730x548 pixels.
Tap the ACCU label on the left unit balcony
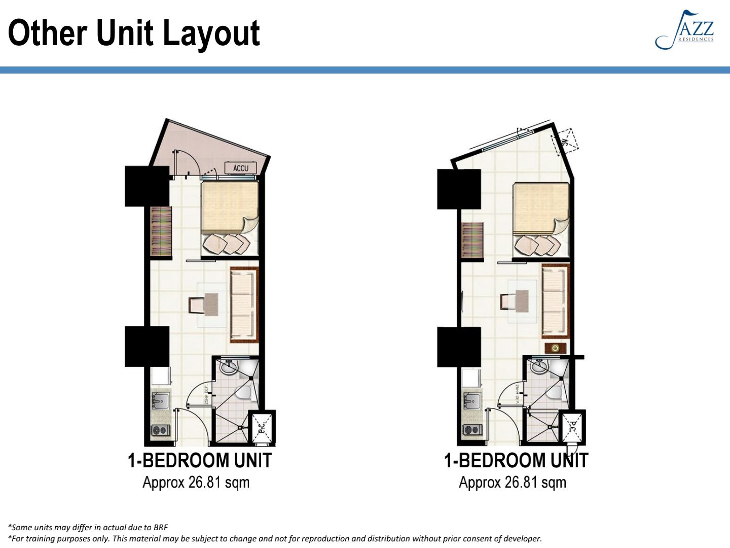(241, 168)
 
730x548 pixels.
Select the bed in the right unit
(540, 208)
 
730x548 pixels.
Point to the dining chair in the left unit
(196, 305)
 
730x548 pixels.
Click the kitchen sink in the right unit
(471, 400)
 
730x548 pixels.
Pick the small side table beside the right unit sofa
(555, 348)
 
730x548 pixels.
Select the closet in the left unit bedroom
(161, 231)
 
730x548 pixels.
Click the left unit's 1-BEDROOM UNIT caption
(199, 461)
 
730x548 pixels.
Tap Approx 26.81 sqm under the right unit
(512, 482)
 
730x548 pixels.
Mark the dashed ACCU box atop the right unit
(566, 140)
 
